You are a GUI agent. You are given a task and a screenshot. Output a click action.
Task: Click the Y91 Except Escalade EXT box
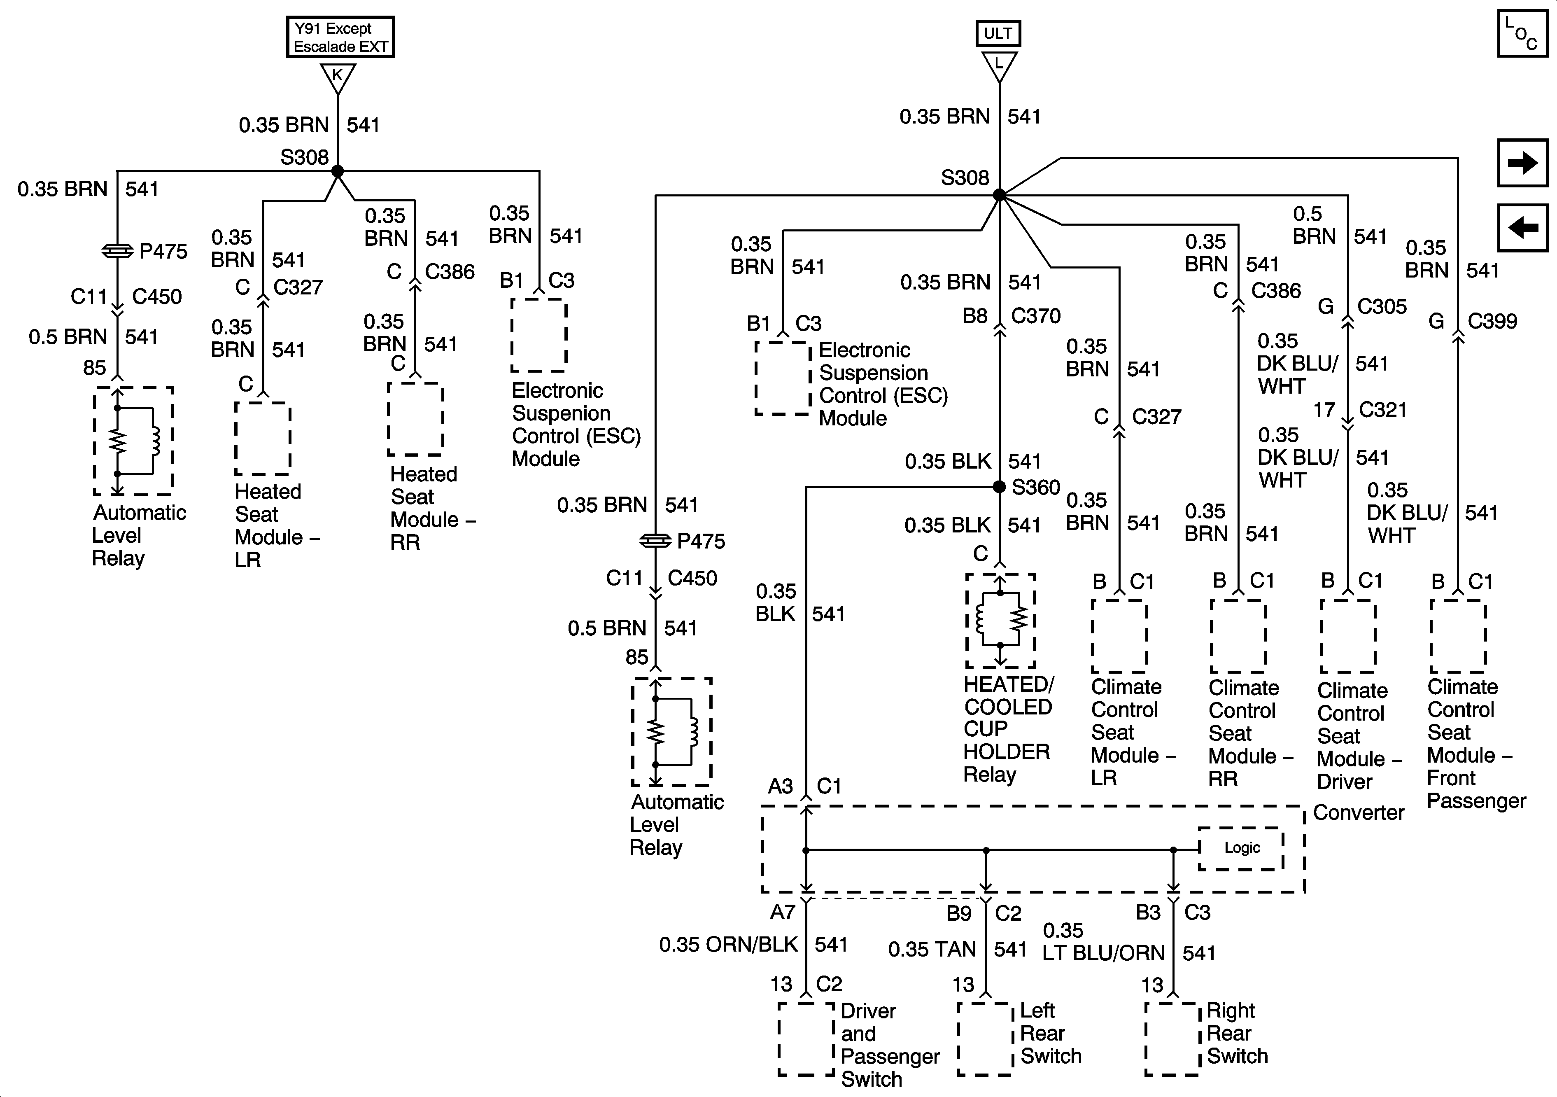(x=340, y=37)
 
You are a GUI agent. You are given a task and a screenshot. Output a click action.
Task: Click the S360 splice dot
(x=999, y=486)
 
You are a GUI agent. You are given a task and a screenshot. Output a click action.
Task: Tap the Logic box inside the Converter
(x=1241, y=848)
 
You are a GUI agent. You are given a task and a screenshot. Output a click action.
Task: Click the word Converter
(x=1358, y=812)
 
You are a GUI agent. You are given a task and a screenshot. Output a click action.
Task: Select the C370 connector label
(x=1035, y=315)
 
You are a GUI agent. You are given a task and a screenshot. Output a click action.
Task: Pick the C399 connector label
(x=1492, y=321)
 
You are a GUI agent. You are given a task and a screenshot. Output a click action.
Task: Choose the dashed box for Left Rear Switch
(x=985, y=1039)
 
